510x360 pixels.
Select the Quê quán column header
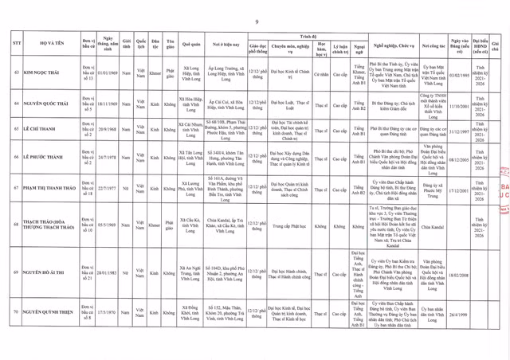[x=195, y=42]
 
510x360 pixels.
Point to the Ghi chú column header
[x=496, y=42]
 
